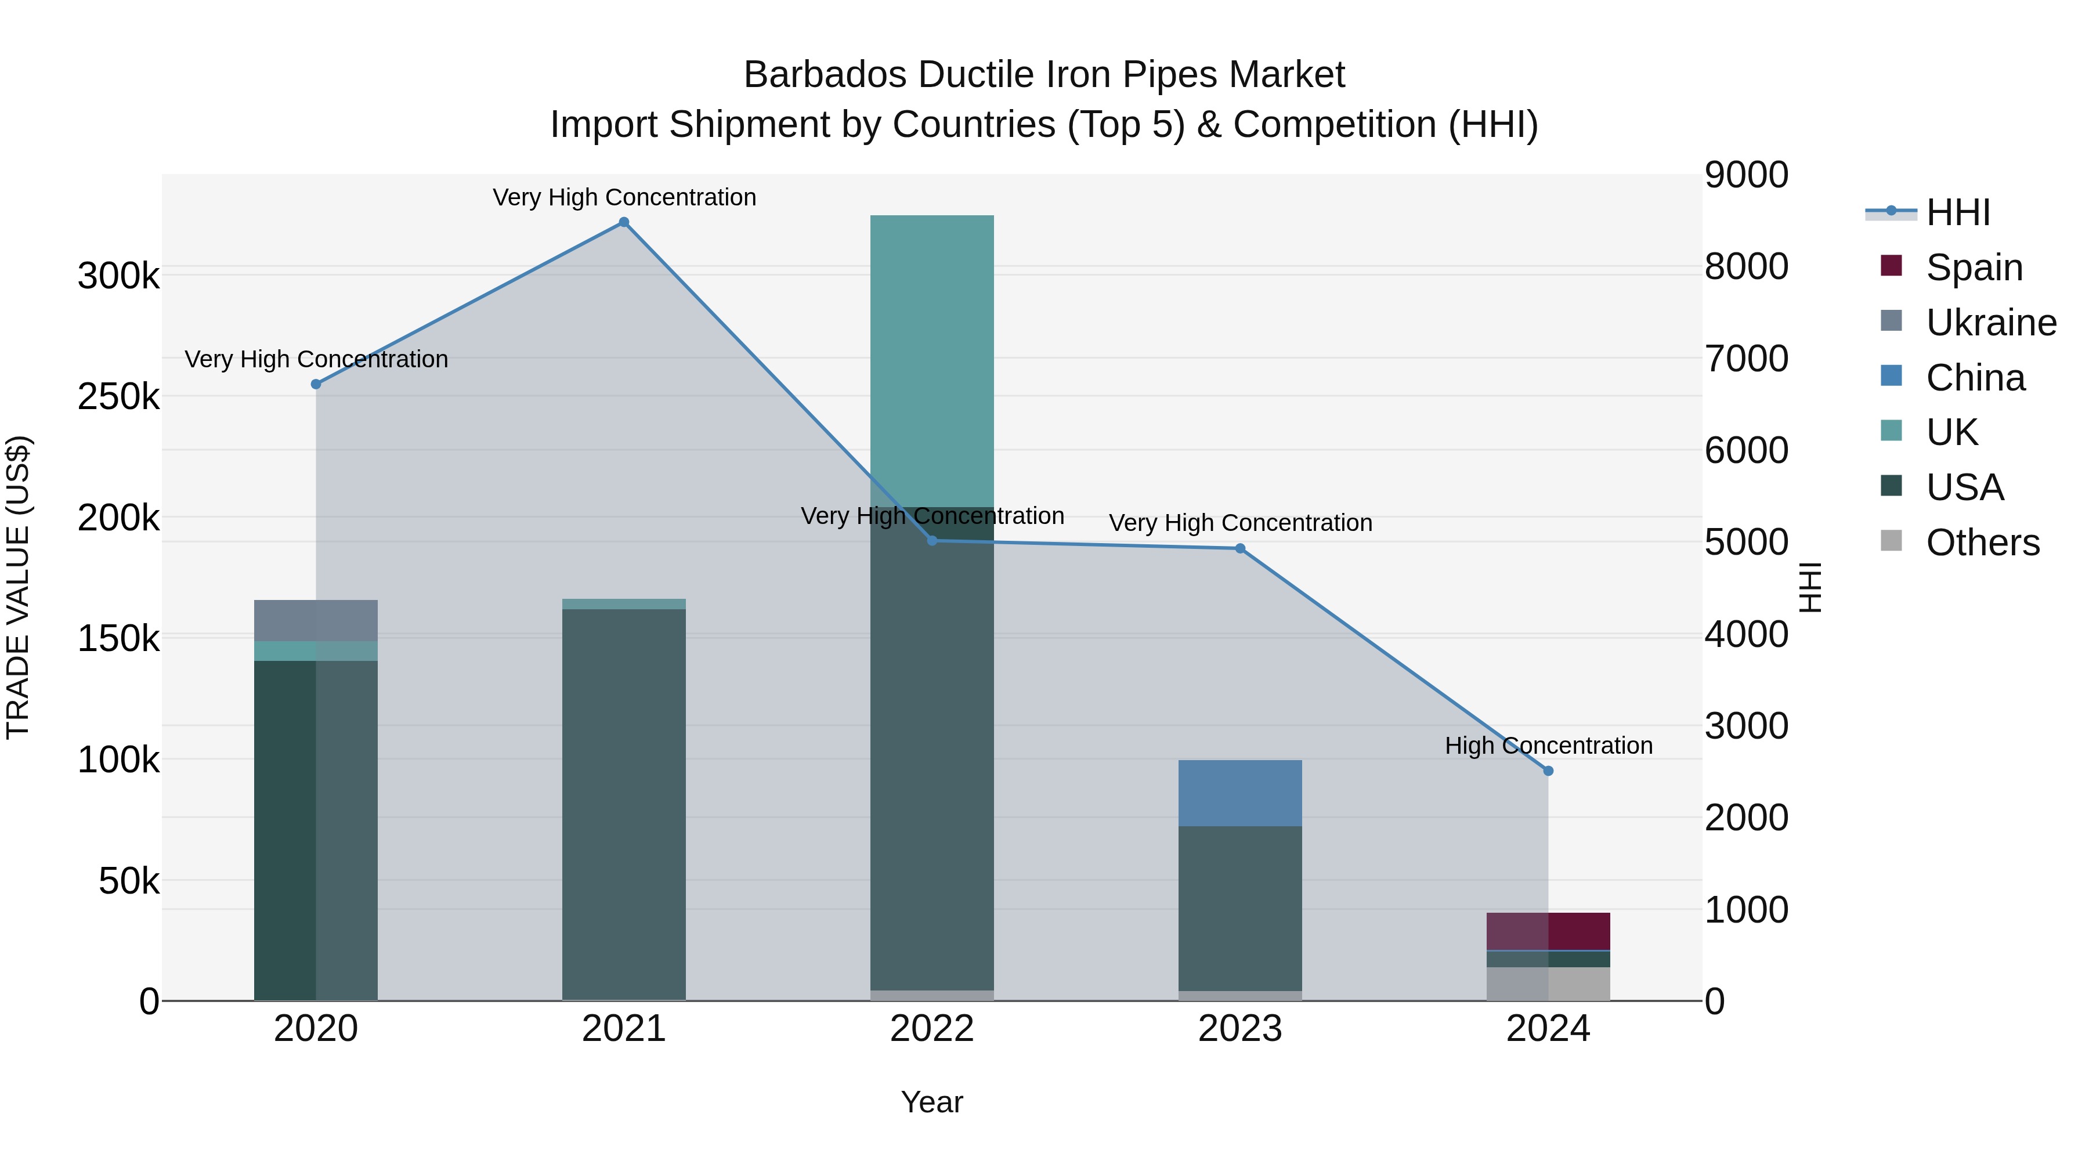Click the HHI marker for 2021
point(624,222)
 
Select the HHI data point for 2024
point(1548,771)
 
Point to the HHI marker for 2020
point(316,384)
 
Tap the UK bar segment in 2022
point(932,361)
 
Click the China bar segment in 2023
point(1240,793)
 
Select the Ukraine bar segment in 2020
point(316,620)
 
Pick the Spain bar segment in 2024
point(1548,931)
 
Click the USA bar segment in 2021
point(624,803)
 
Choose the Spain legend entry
point(1974,267)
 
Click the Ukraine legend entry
point(1991,323)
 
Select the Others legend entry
point(1982,543)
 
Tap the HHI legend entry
point(1958,212)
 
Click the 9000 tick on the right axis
point(1746,175)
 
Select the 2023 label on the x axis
point(1240,1029)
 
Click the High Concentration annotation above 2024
point(1548,745)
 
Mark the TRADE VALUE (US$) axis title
point(18,587)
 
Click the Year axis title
point(932,1102)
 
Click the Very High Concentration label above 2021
point(624,197)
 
